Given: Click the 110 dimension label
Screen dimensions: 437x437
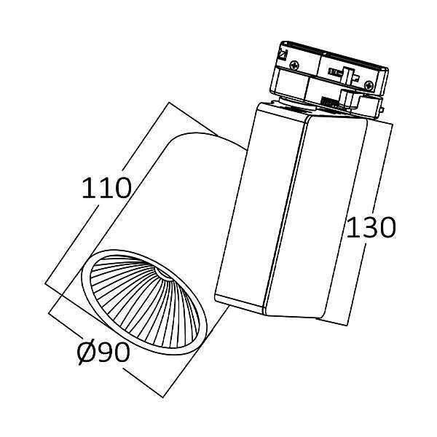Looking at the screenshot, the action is point(106,188).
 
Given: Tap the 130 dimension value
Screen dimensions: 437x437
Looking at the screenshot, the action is point(371,228).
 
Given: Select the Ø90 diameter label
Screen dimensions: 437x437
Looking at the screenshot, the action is point(103,353).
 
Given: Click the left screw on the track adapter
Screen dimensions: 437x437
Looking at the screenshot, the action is point(294,66).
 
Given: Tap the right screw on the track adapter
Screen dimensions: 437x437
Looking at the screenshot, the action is point(369,85).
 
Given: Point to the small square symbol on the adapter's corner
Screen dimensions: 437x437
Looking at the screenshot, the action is point(283,55).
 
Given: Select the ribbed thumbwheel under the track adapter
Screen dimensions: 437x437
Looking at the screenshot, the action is point(331,102).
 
